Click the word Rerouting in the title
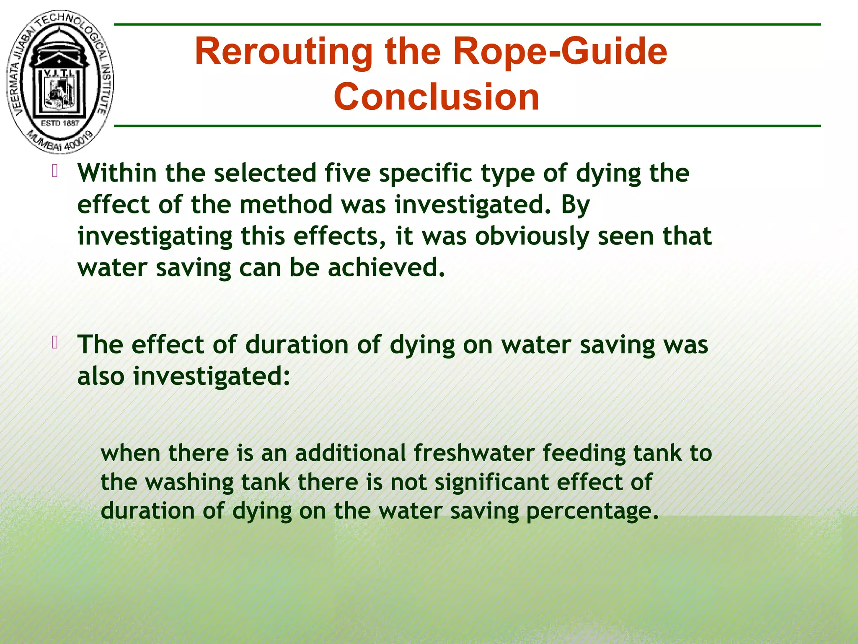pos(284,52)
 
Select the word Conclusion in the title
pos(436,97)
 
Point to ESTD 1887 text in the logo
pos(60,123)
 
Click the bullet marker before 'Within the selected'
pos(54,171)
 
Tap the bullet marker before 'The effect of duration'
pos(54,343)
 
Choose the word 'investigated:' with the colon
pos(212,377)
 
